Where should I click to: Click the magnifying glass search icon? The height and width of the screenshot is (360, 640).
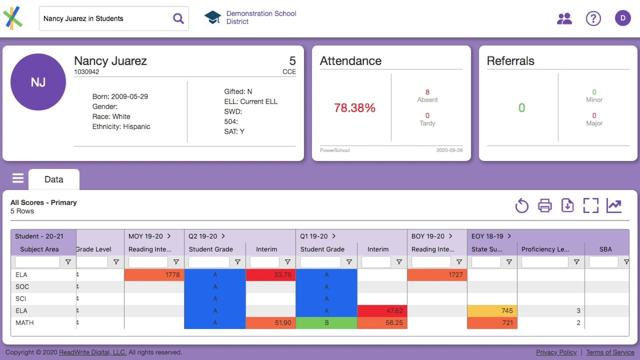pos(178,18)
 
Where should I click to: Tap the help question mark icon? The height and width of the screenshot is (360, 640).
pos(593,18)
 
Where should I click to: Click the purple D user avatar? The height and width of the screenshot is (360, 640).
pos(622,18)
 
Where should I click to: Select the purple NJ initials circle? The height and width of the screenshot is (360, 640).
pos(38,82)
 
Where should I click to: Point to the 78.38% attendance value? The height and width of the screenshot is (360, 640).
pos(354,108)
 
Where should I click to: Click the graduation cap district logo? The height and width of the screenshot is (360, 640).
pos(212,17)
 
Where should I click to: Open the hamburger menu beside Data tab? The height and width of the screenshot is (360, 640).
pos(18,178)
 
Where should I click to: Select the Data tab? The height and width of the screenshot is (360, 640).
pos(53,179)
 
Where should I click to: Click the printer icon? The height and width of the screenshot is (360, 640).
pos(544,205)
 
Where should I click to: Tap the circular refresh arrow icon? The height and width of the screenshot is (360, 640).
pos(521,205)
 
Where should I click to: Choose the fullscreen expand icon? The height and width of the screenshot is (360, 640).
pos(590,205)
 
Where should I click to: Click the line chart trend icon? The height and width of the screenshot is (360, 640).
pos(613,205)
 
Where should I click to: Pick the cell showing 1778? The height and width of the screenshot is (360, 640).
pos(154,274)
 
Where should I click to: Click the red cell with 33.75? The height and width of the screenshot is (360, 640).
pos(270,274)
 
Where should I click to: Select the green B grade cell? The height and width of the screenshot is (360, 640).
pos(326,322)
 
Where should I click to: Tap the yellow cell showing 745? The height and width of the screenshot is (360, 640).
pos(492,310)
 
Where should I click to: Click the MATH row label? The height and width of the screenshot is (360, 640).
pos(24,322)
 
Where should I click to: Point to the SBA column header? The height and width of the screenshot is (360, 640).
pos(605,249)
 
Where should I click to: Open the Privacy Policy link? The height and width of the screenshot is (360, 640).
pos(556,352)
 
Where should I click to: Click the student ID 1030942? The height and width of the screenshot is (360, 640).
pos(86,72)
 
